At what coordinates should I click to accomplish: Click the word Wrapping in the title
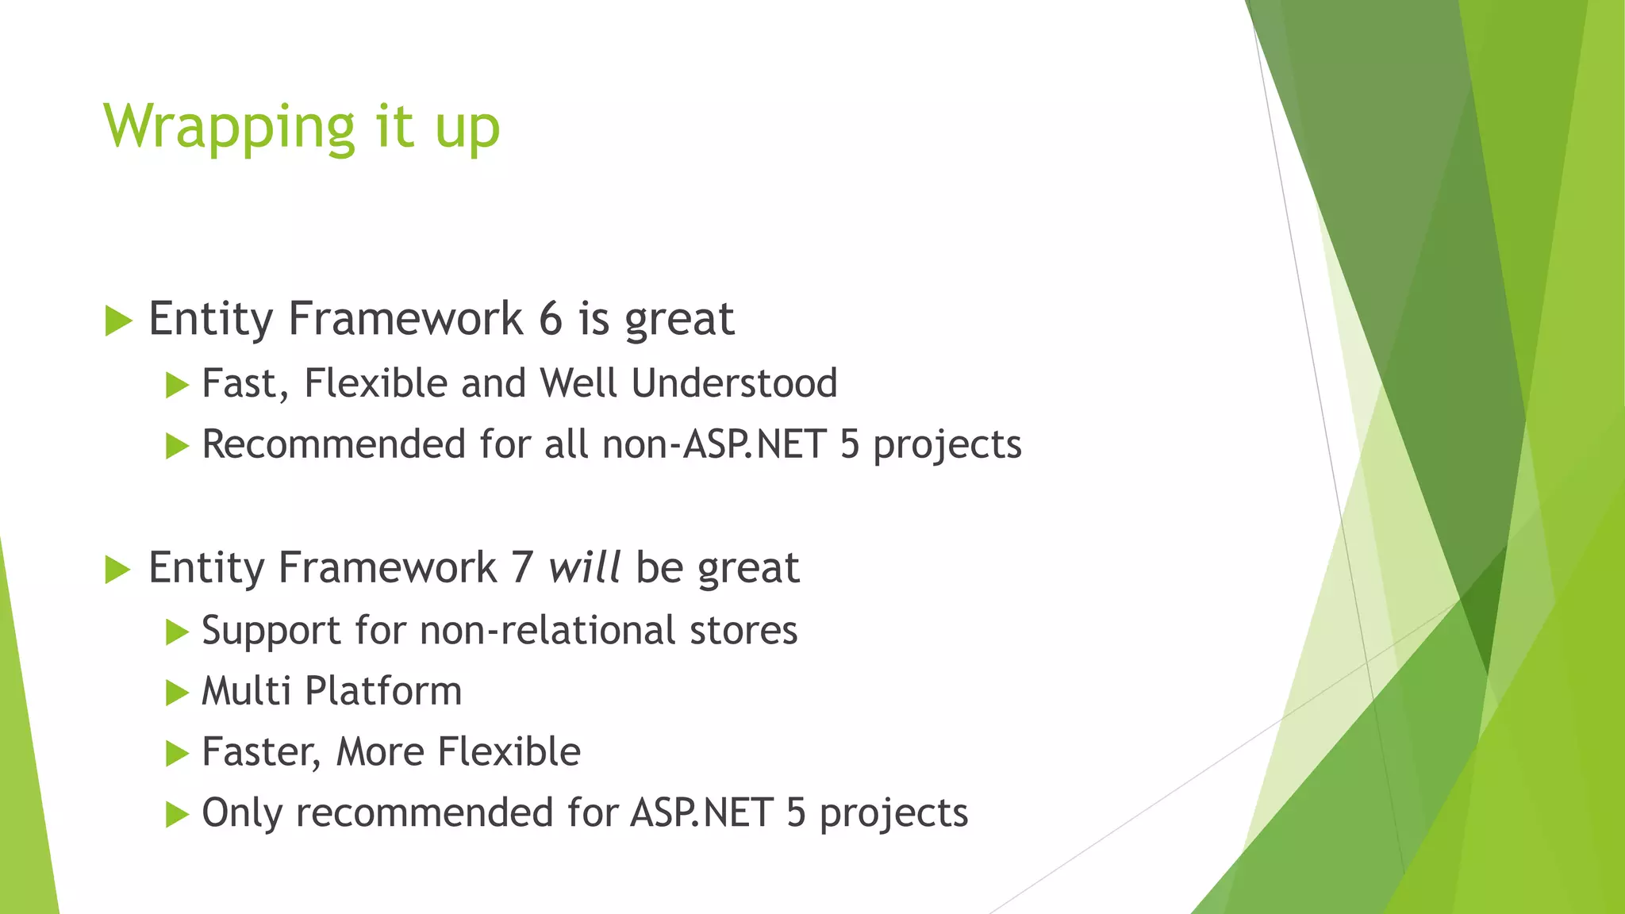point(229,128)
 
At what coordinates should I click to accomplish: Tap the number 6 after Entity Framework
point(551,319)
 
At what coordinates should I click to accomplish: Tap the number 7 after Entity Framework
point(522,568)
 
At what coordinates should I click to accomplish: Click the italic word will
point(584,568)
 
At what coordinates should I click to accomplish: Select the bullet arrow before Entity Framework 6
point(117,321)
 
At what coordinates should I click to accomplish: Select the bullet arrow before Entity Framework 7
point(117,570)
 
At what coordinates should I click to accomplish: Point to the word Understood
point(734,383)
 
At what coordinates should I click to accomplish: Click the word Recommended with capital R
point(333,444)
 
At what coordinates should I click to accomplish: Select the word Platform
point(383,691)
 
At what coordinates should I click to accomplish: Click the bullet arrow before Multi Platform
point(176,693)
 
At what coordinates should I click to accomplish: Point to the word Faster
point(261,752)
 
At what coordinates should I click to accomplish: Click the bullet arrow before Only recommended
point(176,815)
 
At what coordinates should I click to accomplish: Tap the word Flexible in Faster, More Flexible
point(509,752)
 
